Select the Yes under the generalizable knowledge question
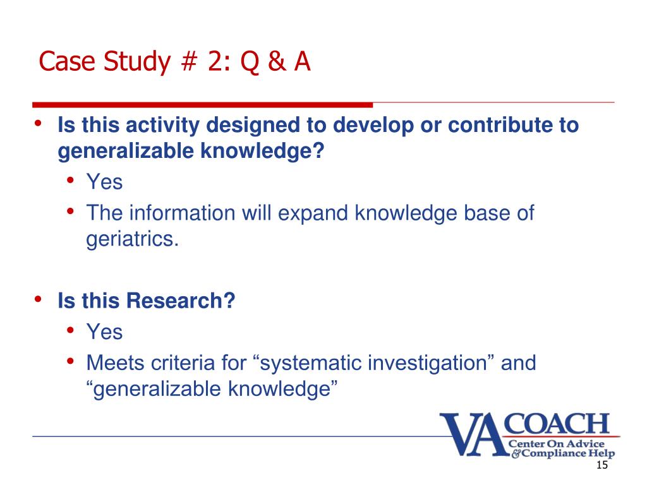(104, 183)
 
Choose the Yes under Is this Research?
(104, 332)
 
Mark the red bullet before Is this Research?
(39, 299)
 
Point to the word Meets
(114, 362)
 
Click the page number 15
(601, 465)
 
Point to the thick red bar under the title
(202, 105)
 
